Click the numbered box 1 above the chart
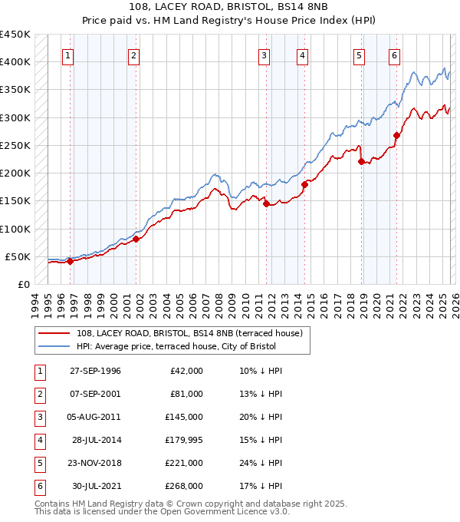[68, 55]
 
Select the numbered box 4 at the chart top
[304, 55]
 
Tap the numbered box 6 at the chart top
[394, 55]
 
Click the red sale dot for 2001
[136, 239]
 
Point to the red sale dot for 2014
[304, 184]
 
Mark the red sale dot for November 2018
[361, 161]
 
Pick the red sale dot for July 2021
[396, 135]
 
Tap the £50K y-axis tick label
[18, 256]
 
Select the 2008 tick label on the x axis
[219, 305]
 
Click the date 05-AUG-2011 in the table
[95, 417]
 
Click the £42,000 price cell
[186, 371]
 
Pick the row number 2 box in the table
[38, 394]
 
